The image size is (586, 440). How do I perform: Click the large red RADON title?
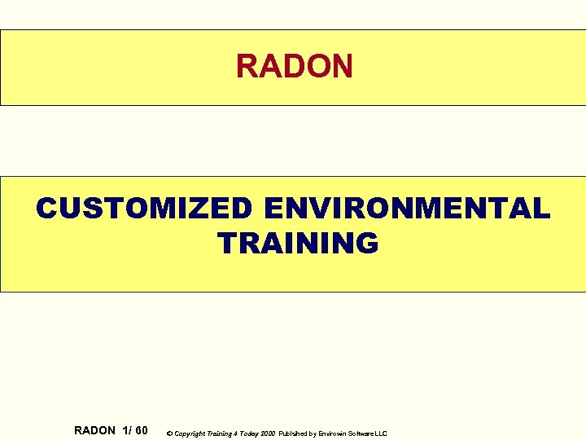pyautogui.click(x=294, y=66)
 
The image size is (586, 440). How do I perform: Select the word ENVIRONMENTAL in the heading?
pyautogui.click(x=407, y=209)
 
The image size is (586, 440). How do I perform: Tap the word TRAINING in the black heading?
pyautogui.click(x=298, y=243)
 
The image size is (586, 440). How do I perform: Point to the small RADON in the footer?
pyautogui.click(x=94, y=430)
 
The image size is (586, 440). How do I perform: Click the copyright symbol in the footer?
pyautogui.click(x=168, y=433)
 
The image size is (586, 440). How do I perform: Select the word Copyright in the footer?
pyautogui.click(x=188, y=433)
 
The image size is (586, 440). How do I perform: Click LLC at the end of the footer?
pyautogui.click(x=383, y=433)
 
